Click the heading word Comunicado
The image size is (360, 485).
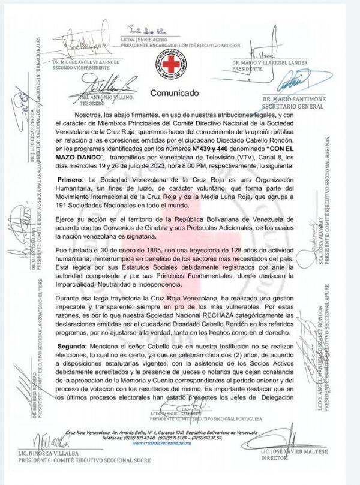click(174, 93)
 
